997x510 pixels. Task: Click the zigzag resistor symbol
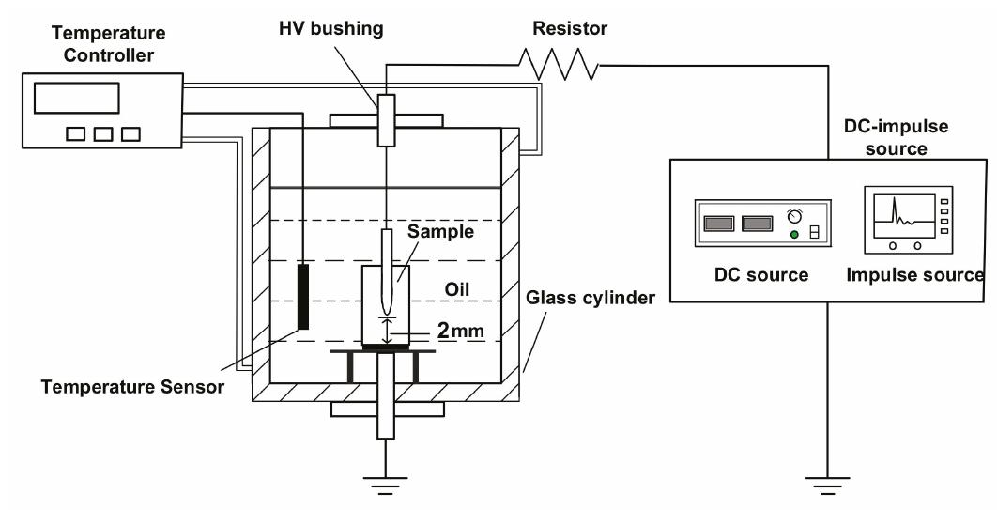(x=559, y=64)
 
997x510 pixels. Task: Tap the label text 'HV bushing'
(x=331, y=28)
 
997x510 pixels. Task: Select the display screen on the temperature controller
(x=76, y=98)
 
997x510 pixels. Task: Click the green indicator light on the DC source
(x=794, y=235)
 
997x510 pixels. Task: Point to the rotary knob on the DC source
(x=794, y=216)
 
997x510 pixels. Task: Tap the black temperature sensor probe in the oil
(x=303, y=297)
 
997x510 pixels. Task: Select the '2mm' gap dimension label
(x=460, y=331)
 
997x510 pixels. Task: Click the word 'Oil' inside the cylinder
(x=456, y=290)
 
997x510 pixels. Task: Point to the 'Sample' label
(x=440, y=231)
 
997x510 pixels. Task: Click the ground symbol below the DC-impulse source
(x=827, y=485)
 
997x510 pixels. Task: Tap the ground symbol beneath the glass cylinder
(x=385, y=486)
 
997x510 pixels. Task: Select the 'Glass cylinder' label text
(x=591, y=298)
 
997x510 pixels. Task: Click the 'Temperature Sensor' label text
(x=133, y=386)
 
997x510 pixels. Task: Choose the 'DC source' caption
(x=761, y=274)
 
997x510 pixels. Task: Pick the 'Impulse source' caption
(x=915, y=274)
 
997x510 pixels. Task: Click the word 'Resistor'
(x=570, y=28)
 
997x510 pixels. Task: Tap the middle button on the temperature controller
(x=103, y=134)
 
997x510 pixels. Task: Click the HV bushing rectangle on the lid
(x=386, y=120)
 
